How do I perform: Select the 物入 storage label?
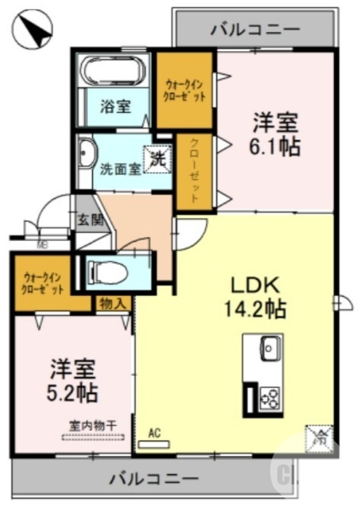coord(113,303)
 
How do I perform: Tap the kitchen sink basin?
coord(269,347)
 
